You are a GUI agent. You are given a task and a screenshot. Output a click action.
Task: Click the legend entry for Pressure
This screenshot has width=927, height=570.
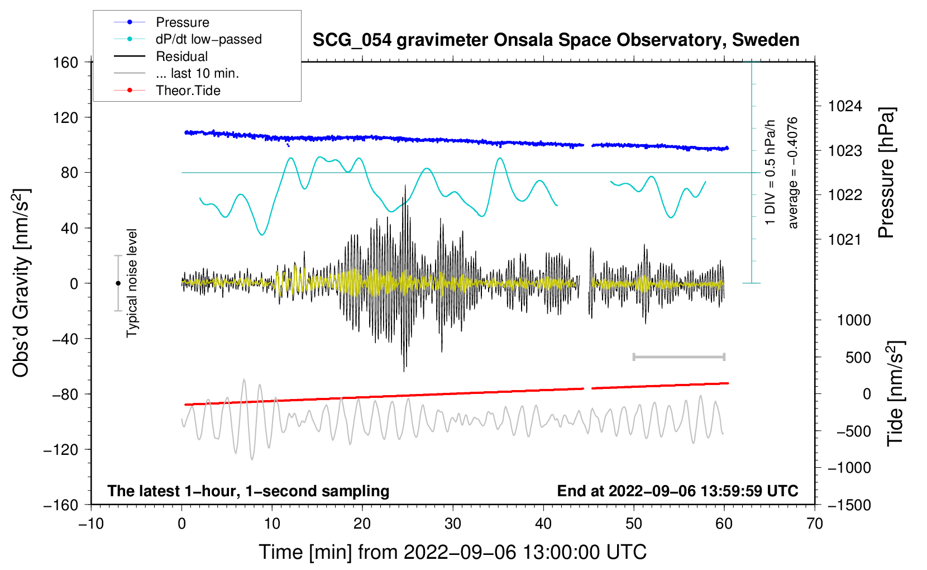coord(182,22)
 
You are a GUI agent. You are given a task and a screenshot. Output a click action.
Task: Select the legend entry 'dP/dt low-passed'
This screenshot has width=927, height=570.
coord(208,39)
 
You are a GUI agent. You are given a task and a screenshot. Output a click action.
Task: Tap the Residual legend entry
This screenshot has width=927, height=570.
coord(181,56)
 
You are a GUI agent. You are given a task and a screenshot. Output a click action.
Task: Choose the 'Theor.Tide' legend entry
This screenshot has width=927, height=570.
coord(188,91)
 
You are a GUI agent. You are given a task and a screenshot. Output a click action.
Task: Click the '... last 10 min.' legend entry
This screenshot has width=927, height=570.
coord(197,73)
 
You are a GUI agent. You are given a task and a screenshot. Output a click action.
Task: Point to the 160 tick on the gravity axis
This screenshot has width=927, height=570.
coord(66,62)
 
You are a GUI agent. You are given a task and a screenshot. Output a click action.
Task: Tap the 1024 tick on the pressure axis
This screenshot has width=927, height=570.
coord(845,106)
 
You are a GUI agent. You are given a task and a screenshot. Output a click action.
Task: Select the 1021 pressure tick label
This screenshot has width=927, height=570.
coord(845,240)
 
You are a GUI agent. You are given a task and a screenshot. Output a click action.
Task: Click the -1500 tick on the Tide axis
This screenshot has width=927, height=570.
coord(849,505)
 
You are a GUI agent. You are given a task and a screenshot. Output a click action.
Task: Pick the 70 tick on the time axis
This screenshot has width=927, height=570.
coord(815,524)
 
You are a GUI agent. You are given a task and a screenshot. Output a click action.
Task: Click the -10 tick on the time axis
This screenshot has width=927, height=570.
coord(91,524)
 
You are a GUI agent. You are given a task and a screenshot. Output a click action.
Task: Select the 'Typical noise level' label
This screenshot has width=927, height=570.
coord(132,283)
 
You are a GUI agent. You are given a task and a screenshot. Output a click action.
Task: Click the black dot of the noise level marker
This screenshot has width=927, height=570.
coord(118,283)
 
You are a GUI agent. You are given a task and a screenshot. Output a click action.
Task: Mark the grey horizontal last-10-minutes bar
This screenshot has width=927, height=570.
coord(678,357)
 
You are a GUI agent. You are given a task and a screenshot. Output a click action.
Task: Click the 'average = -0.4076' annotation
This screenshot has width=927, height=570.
coord(792,173)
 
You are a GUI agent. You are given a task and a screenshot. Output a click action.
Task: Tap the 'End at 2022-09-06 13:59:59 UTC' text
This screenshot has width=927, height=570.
coord(677,491)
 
